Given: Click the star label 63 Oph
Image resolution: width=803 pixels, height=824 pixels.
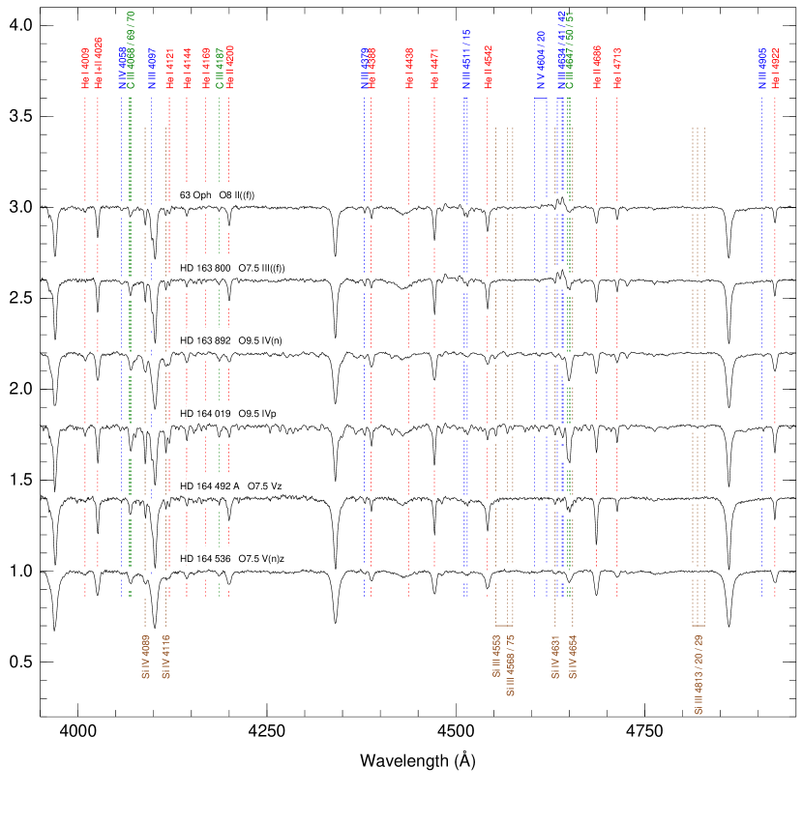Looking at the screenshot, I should (x=195, y=195).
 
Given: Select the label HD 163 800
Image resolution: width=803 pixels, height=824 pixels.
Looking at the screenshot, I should (x=206, y=268).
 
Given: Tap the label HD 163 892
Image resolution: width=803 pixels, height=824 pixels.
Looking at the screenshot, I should (x=206, y=340).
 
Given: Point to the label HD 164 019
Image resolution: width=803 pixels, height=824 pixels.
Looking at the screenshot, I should (x=206, y=414).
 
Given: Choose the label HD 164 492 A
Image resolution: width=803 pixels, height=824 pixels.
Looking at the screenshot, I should (x=210, y=486).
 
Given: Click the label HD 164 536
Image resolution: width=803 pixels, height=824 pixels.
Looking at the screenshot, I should (x=206, y=559).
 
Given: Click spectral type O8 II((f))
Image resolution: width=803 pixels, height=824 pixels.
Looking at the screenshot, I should (x=236, y=195).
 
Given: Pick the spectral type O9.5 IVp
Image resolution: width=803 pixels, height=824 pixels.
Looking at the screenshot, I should (x=257, y=414).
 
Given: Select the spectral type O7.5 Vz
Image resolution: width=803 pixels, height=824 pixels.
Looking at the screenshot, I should (x=265, y=486).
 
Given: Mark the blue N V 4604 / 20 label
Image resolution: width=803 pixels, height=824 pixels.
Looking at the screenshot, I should (x=541, y=61).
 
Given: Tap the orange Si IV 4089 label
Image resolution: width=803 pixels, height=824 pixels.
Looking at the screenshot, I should (x=146, y=658).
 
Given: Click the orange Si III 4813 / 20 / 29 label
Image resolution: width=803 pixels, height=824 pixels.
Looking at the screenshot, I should (x=699, y=675).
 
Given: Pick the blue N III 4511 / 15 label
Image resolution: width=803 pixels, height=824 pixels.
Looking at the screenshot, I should (x=465, y=61).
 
